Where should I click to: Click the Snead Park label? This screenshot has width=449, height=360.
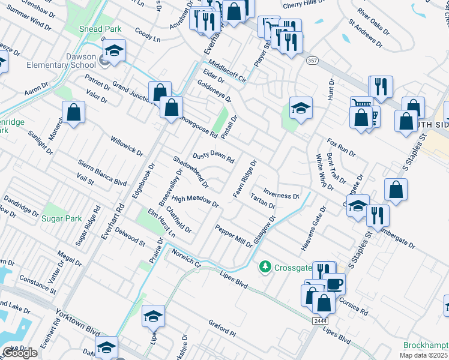100,29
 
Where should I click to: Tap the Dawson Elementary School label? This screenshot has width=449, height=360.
73,61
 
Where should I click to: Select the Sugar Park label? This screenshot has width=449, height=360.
61,218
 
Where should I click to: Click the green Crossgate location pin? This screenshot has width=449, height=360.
264,266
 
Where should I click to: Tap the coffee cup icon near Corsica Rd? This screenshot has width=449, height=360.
334,284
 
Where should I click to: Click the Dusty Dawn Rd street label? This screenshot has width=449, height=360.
212,157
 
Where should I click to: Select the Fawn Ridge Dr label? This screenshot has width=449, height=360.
244,178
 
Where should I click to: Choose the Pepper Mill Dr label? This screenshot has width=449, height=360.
234,235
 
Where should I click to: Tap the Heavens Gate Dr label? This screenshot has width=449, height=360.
313,229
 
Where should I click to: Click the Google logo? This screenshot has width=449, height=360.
20,353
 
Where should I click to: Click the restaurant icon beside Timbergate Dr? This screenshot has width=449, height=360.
378,216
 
